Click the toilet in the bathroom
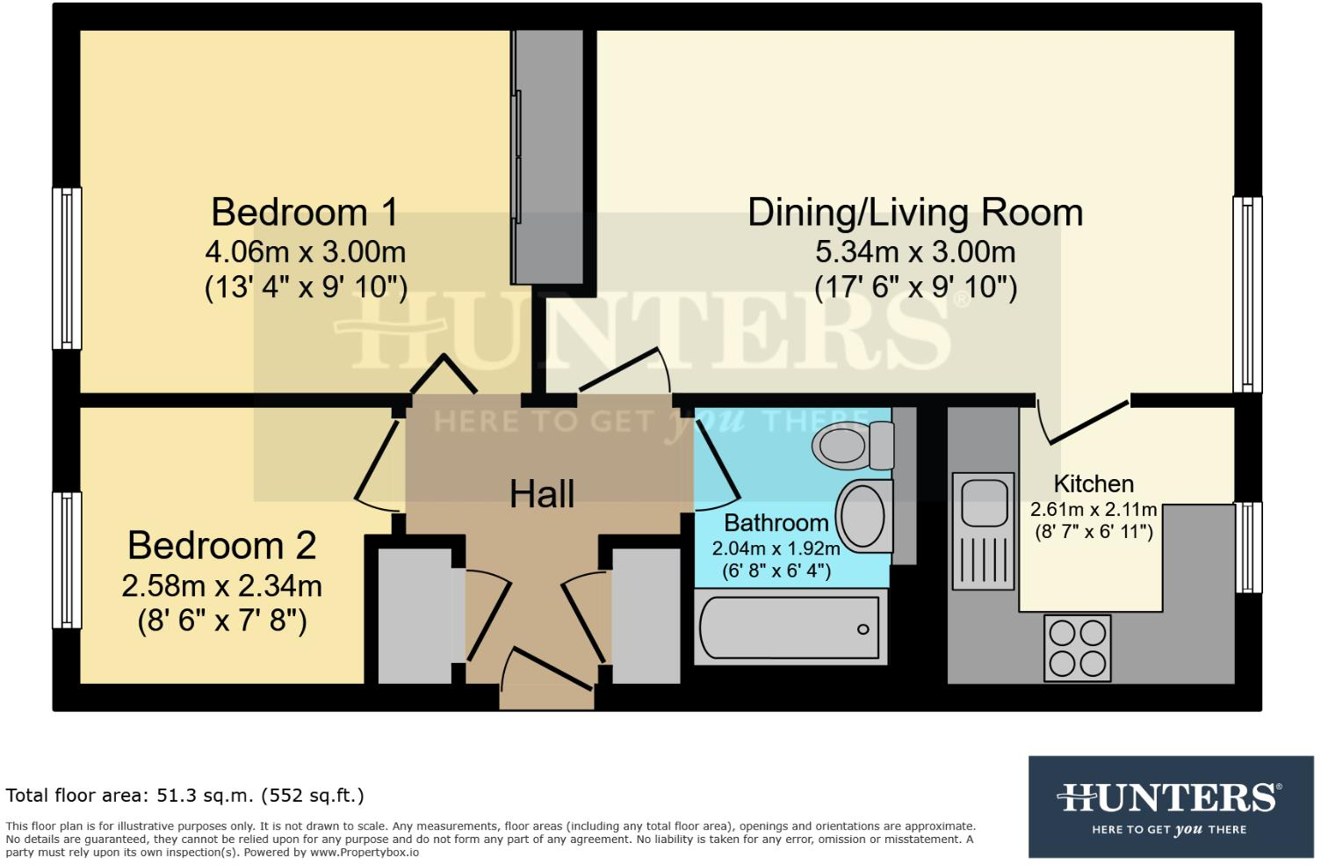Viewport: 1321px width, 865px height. coord(850,446)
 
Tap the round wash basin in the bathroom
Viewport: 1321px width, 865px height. coord(863,516)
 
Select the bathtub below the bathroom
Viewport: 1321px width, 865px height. coord(789,628)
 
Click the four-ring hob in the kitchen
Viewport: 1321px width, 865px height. coord(1077,648)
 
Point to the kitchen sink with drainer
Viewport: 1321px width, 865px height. coord(983,531)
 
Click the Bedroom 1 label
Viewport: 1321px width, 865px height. coord(304,213)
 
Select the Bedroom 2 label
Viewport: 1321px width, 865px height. coord(221,545)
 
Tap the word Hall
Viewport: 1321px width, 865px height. coord(542,494)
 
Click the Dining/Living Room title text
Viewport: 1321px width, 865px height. coord(914,213)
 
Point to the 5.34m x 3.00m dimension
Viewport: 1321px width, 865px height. coord(914,252)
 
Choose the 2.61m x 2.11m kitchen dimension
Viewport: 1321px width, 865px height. coord(1093,510)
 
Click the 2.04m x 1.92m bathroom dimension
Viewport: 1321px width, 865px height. coord(776,549)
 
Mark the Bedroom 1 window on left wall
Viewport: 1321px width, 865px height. coord(67,268)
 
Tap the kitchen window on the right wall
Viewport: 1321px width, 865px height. coord(1248,547)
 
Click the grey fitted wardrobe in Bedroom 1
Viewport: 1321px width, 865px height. coord(548,156)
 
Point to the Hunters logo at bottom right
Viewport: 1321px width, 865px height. coord(1170,806)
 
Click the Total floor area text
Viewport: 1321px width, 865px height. coord(184,796)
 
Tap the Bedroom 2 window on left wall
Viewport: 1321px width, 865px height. coord(67,560)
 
